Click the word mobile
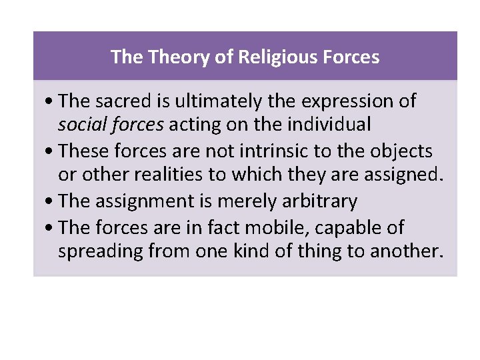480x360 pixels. click(269, 228)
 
